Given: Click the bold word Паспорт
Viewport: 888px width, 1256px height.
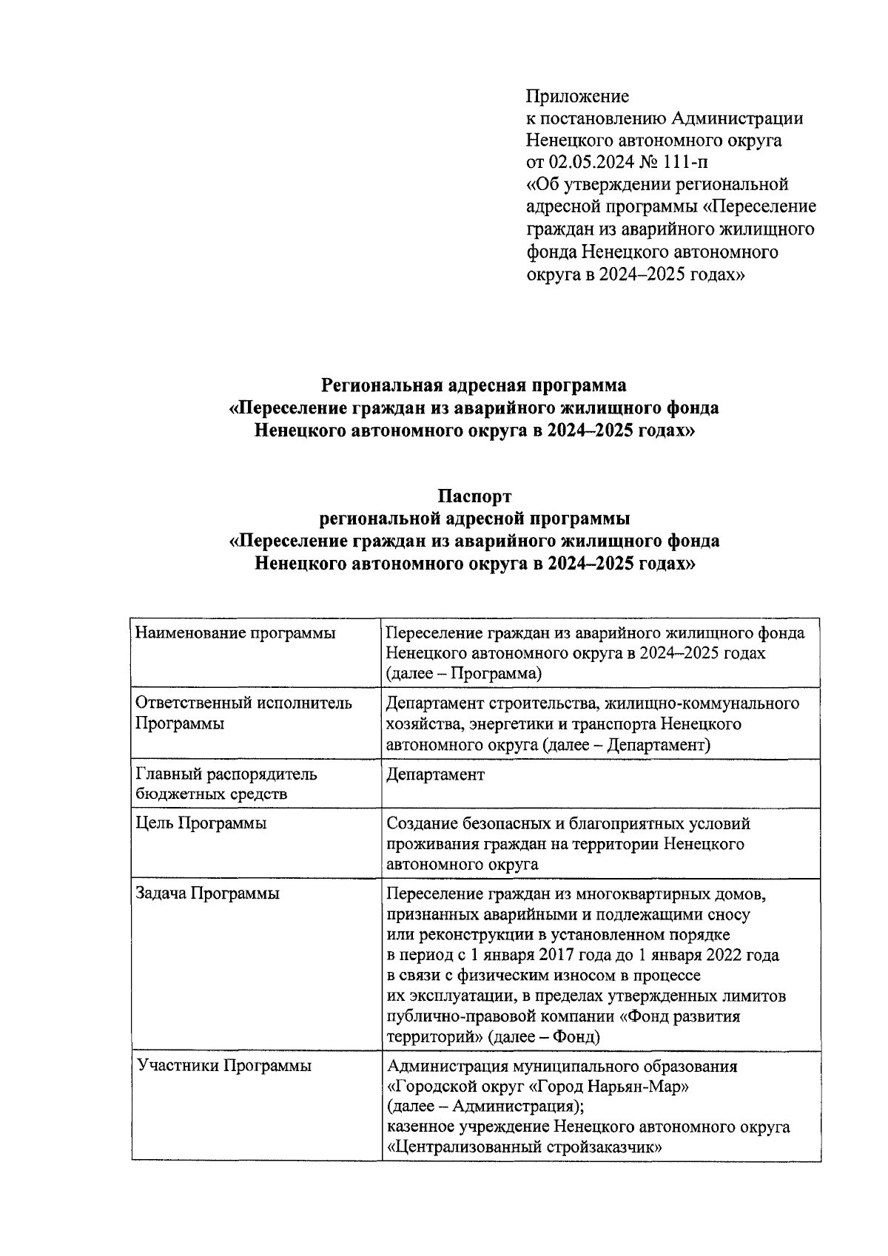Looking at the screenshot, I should [x=474, y=496].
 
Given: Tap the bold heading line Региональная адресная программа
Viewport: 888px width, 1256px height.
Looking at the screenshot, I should [x=474, y=385].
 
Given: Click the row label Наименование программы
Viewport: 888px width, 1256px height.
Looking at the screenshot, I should [x=235, y=633].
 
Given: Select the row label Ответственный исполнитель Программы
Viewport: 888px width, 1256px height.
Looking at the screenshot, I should [x=244, y=713].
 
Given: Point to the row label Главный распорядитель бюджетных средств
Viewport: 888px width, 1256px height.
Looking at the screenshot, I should [x=226, y=784].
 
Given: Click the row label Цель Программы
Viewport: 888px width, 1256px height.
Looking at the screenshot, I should [x=201, y=823].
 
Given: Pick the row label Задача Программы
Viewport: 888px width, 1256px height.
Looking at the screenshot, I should [x=208, y=894].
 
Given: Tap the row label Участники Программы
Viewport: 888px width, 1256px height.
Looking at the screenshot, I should [x=224, y=1066].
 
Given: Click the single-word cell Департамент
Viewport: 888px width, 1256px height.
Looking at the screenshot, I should [x=435, y=774].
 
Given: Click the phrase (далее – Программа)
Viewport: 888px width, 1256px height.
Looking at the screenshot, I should [x=464, y=674].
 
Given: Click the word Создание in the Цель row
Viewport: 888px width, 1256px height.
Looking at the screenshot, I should [x=420, y=823].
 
